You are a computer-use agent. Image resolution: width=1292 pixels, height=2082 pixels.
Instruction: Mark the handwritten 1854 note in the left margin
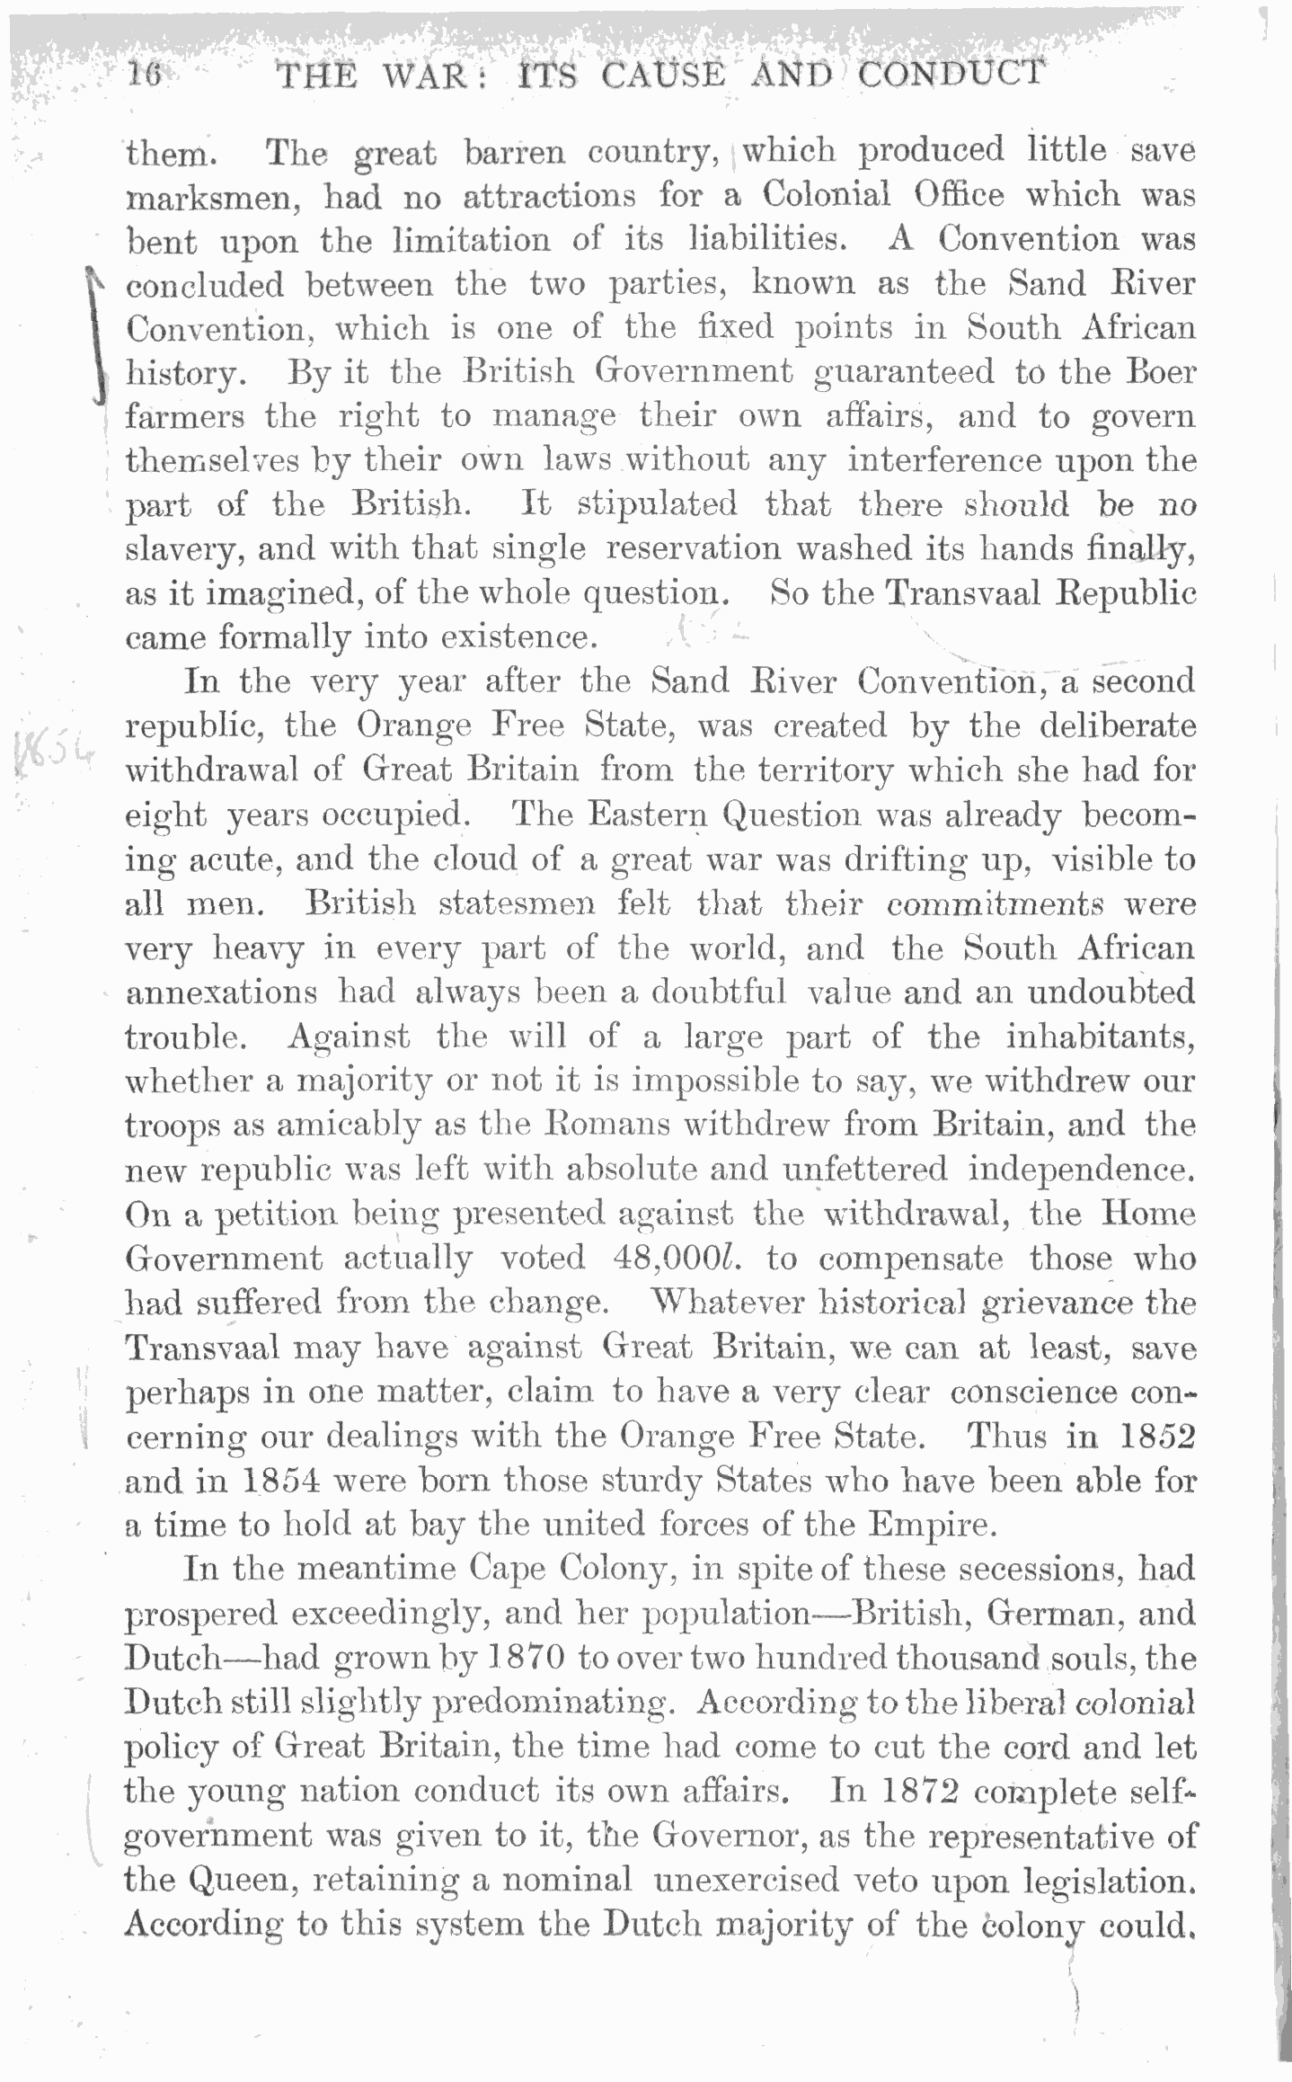[x=53, y=747]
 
